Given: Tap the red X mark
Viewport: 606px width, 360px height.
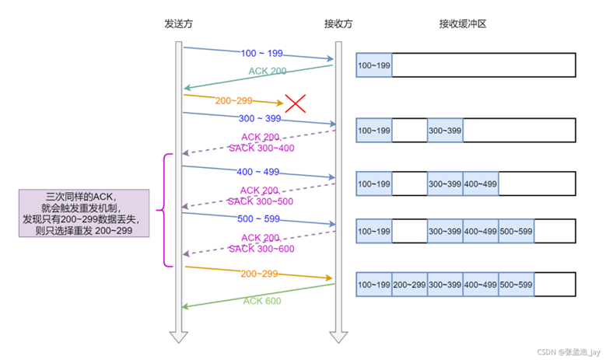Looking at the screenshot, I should pos(295,103).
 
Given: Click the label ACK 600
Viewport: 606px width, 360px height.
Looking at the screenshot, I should pos(261,301).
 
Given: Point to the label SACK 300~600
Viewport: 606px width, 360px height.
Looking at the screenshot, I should pos(261,249).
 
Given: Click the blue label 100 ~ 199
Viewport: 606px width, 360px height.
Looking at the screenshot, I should pos(261,54).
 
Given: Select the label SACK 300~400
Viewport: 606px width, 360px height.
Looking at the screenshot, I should pos(261,148).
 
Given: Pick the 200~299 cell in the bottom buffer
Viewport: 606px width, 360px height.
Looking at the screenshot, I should pos(409,285).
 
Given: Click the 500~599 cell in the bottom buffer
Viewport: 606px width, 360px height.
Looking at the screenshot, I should pos(517,285).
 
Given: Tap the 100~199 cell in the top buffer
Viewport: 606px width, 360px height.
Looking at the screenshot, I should pos(373,65).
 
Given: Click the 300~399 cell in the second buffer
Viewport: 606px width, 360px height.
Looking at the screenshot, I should pos(445,131).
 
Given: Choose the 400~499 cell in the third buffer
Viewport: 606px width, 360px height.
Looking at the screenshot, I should pos(481,183).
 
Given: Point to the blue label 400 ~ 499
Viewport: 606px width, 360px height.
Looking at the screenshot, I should pos(257,172).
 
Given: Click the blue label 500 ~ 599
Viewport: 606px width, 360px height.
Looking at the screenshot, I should pos(257,219).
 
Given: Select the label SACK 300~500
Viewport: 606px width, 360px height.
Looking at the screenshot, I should pos(261,201).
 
